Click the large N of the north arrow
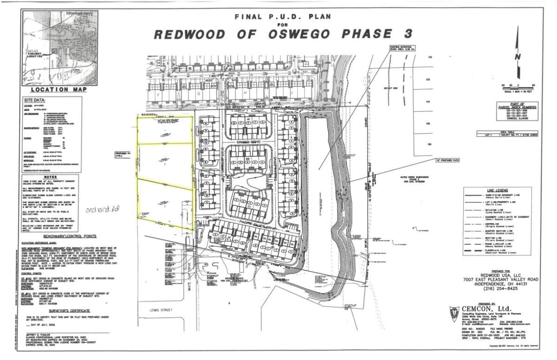(517, 57)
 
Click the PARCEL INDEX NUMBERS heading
(517, 106)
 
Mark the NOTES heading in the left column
(51, 177)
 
